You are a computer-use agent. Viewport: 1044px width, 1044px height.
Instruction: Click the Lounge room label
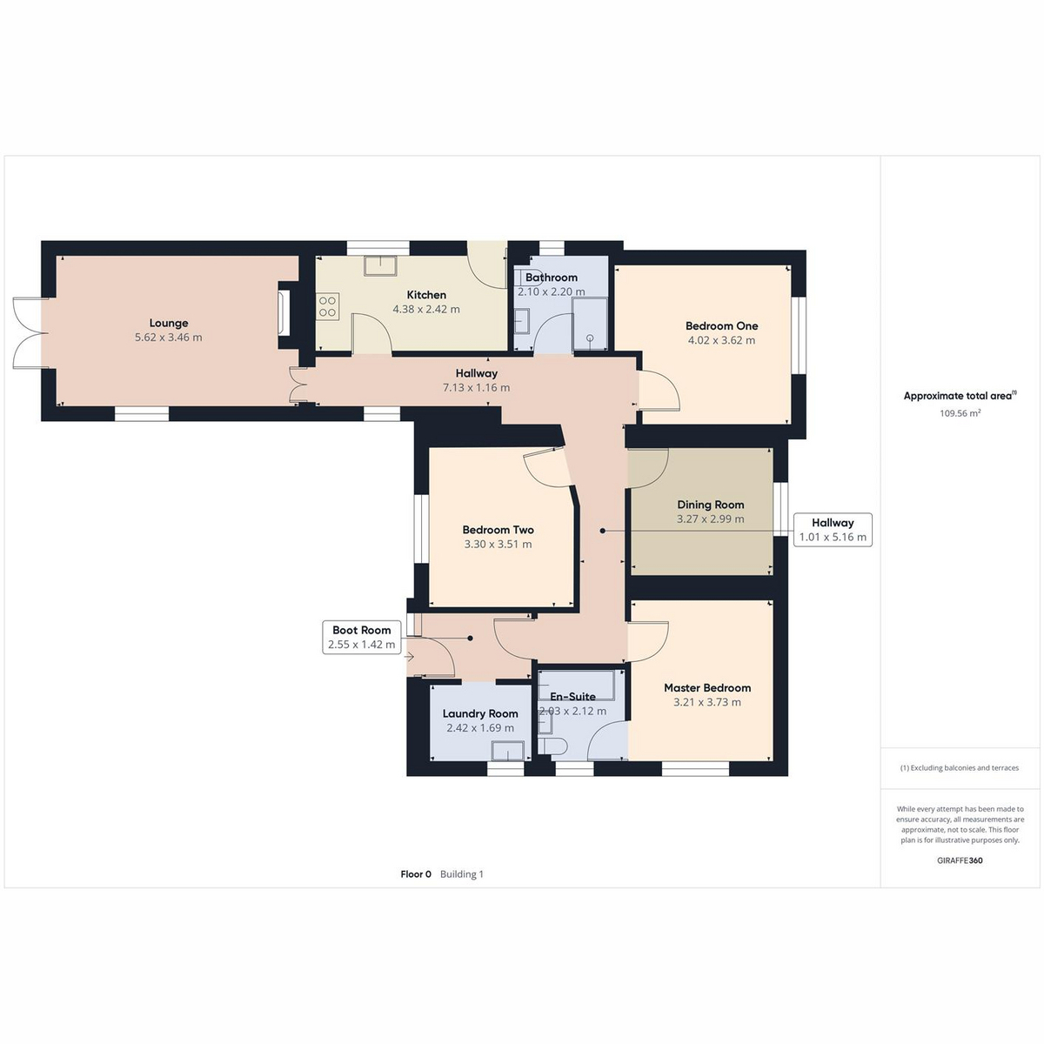tap(169, 323)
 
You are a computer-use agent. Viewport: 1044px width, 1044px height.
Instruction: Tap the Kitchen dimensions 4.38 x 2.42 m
tap(426, 310)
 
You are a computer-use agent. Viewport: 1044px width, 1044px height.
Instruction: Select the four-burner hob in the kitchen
tap(328, 306)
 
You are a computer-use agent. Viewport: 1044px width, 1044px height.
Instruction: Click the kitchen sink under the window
tap(379, 265)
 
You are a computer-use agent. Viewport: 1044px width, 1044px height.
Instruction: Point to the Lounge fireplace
tap(284, 312)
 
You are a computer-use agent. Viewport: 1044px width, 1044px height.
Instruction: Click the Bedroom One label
tap(721, 326)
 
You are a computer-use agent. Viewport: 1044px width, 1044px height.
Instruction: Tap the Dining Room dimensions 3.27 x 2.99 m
tap(710, 519)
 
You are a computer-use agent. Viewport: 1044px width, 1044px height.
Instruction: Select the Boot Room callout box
tap(361, 637)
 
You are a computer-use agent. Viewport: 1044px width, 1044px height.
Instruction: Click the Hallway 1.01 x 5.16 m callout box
tap(833, 530)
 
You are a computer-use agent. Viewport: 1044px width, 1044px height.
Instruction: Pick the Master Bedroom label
tap(707, 688)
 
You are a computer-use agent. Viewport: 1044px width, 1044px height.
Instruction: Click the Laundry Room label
tap(480, 714)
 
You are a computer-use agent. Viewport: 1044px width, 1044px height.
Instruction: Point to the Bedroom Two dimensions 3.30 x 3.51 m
tap(498, 545)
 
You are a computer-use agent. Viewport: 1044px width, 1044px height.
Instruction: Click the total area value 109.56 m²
tap(960, 413)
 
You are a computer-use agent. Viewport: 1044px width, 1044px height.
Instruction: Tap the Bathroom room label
tap(551, 278)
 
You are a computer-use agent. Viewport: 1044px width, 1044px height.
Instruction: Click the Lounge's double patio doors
tap(27, 332)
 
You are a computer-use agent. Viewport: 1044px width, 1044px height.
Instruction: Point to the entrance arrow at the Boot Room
tap(409, 657)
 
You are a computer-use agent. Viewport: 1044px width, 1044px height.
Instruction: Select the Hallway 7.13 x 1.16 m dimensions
tap(476, 388)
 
